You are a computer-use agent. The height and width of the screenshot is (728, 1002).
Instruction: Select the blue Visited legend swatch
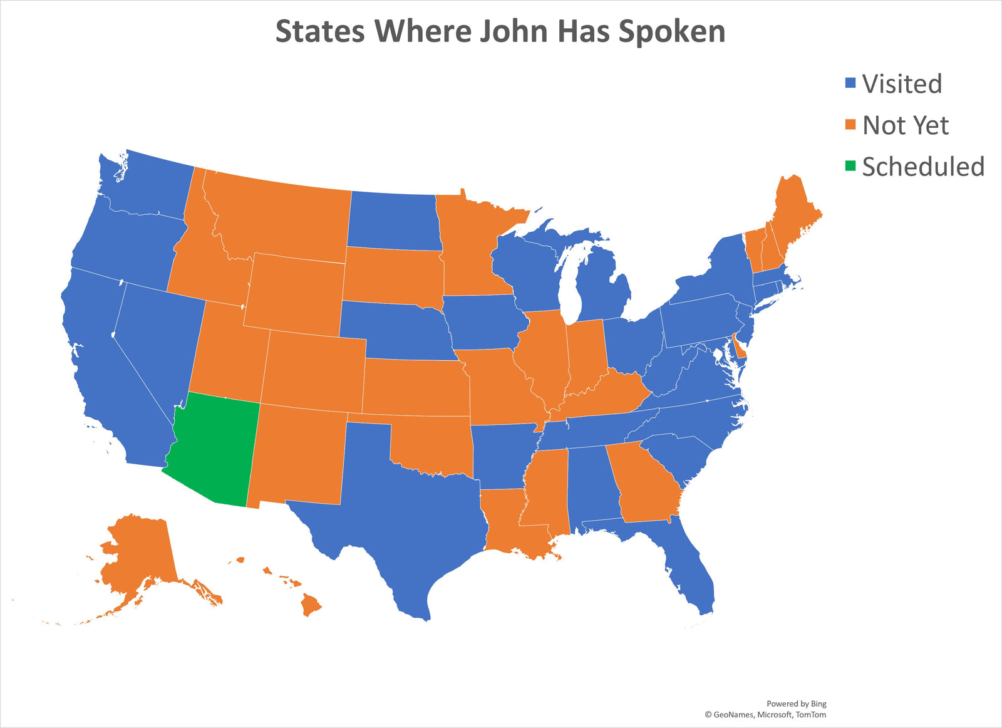[x=850, y=83]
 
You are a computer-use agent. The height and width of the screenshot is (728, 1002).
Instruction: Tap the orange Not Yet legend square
[x=850, y=125]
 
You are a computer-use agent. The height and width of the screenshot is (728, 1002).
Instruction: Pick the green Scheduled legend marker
[x=850, y=166]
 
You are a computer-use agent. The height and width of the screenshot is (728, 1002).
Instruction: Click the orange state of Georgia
[x=645, y=486]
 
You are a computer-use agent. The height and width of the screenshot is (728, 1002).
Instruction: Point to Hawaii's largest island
[x=311, y=605]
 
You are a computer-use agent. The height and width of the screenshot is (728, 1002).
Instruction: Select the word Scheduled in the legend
[x=923, y=167]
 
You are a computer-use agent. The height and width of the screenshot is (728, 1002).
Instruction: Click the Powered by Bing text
[x=796, y=704]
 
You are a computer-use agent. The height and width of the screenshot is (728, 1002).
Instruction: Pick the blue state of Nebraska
[x=395, y=329]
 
